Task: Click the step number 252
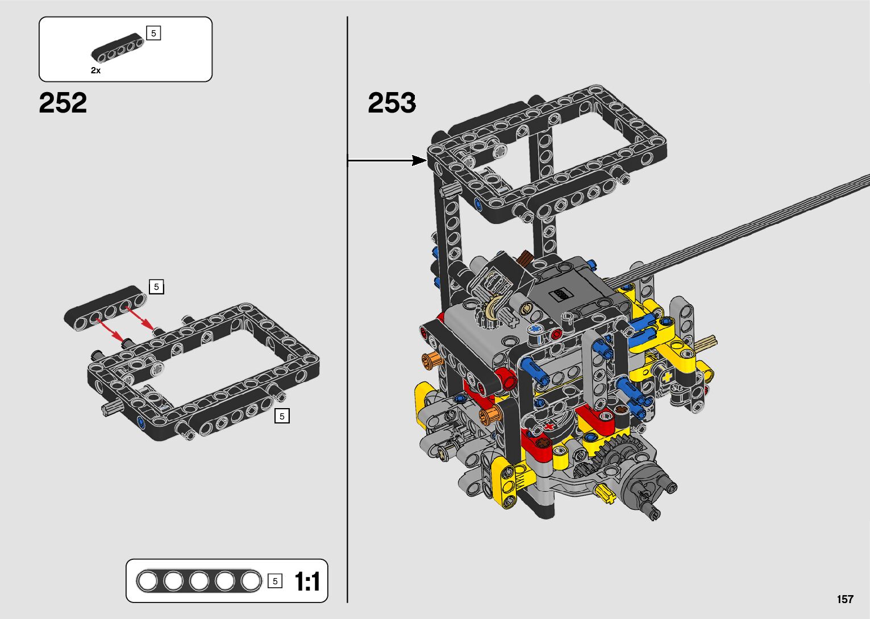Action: click(63, 103)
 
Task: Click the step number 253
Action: click(392, 103)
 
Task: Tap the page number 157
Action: click(845, 599)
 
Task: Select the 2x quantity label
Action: click(95, 70)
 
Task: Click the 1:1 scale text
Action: click(307, 581)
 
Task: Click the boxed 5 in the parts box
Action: click(153, 34)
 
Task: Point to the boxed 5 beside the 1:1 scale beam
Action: click(275, 581)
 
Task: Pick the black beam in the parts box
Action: click(118, 48)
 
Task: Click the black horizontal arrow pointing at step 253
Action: click(387, 160)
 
